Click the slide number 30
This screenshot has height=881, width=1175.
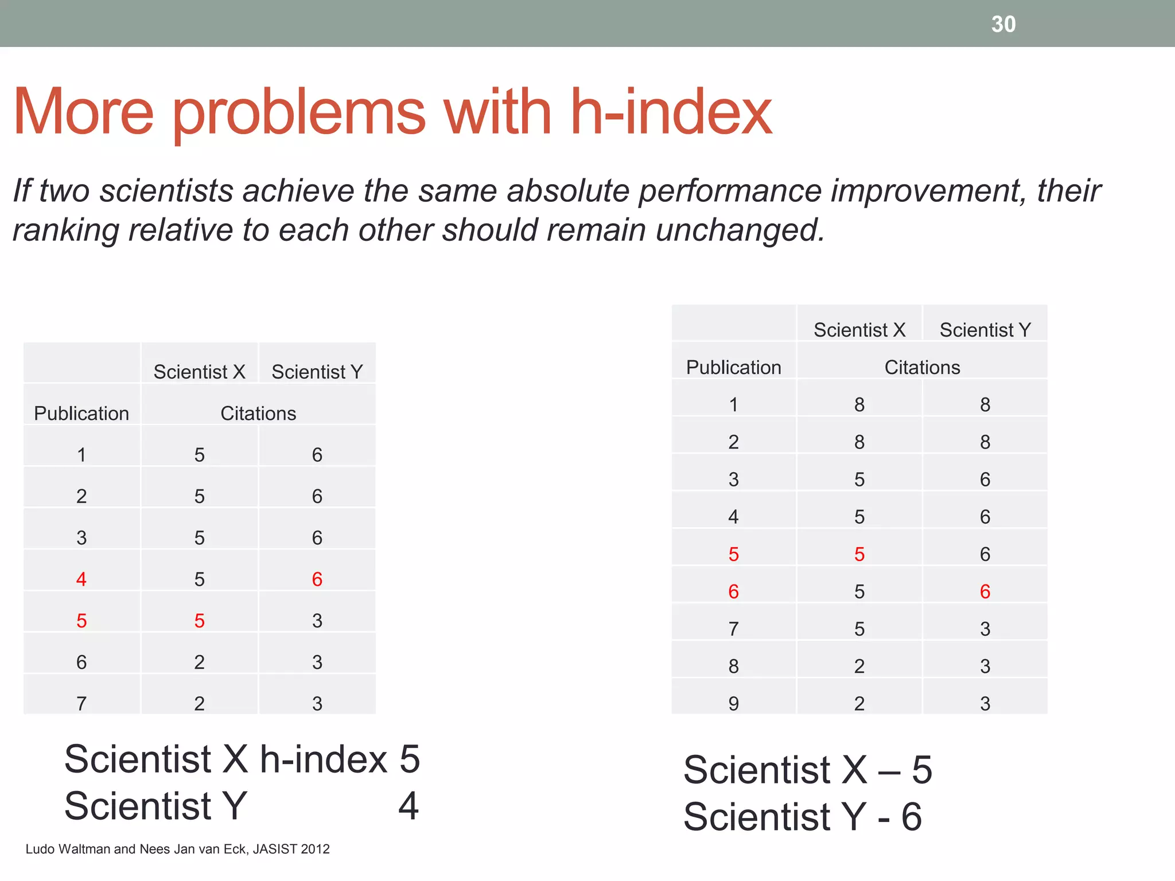(1003, 24)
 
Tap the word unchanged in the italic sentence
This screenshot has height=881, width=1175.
(740, 230)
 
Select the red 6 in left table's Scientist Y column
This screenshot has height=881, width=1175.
(317, 579)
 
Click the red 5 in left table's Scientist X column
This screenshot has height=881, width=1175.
(199, 621)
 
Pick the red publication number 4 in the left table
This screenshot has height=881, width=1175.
(81, 579)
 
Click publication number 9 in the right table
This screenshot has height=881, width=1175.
(733, 703)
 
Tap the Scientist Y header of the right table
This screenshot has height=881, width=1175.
(985, 330)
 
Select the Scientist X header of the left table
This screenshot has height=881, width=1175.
(199, 372)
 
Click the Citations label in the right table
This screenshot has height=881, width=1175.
(922, 367)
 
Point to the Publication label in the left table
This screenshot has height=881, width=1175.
(81, 414)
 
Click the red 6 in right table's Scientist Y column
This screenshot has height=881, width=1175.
(985, 591)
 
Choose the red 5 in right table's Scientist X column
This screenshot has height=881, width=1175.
(859, 554)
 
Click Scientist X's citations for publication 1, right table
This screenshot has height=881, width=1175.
(859, 405)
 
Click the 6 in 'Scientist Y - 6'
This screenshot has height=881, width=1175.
(911, 817)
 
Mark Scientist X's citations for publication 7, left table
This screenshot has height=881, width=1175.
(199, 703)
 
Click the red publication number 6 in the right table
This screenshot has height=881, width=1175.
(733, 591)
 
